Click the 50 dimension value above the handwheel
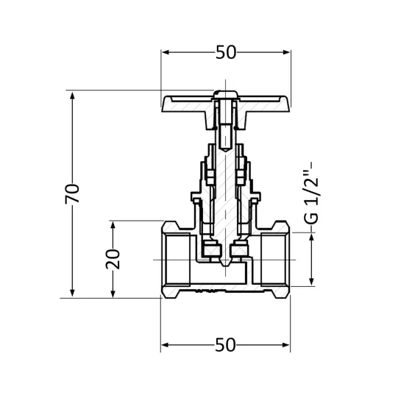pyautogui.click(x=226, y=52)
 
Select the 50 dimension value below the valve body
pyautogui.click(x=226, y=344)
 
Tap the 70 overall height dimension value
pyautogui.click(x=72, y=194)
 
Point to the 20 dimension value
pyautogui.click(x=113, y=258)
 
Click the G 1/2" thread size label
pyautogui.click(x=313, y=194)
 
